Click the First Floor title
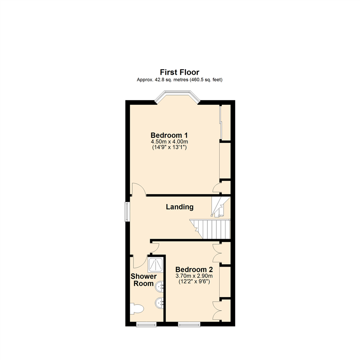click(x=179, y=72)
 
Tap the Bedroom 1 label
click(x=169, y=135)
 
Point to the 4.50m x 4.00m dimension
click(x=169, y=142)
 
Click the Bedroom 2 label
click(x=194, y=269)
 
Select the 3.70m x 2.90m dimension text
click(x=194, y=276)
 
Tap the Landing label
click(x=180, y=207)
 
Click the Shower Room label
click(x=144, y=280)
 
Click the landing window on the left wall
click(x=127, y=212)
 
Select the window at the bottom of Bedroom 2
click(x=189, y=324)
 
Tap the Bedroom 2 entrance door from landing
click(x=154, y=247)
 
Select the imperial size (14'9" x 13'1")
click(x=169, y=147)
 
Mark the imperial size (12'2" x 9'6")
click(x=194, y=281)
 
